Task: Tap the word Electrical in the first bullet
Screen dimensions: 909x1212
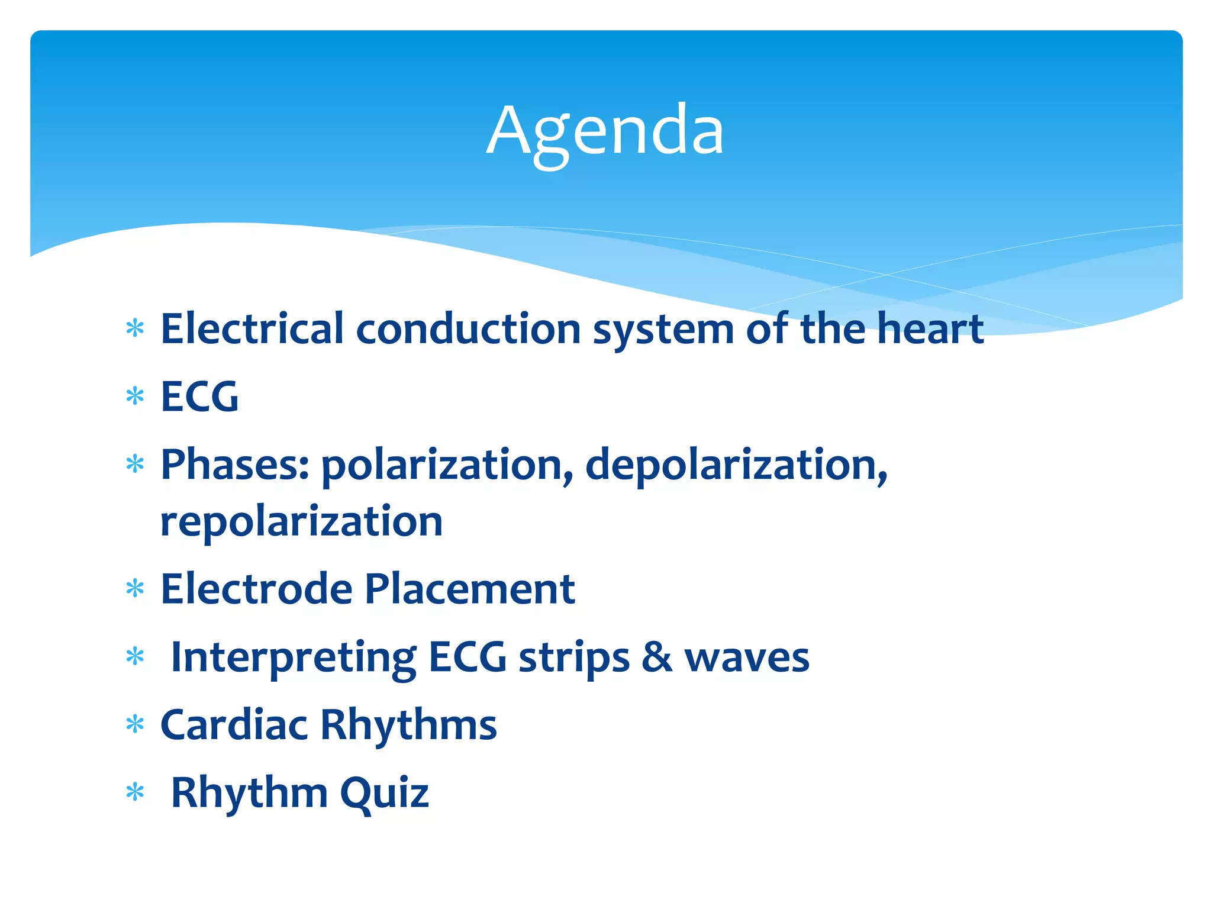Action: tap(252, 328)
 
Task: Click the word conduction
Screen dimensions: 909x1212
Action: tap(468, 328)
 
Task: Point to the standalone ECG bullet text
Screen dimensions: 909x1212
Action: tap(200, 397)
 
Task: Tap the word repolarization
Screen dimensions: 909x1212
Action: tap(301, 522)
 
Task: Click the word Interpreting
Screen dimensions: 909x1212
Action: tap(293, 658)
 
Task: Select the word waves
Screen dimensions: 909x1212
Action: tap(747, 658)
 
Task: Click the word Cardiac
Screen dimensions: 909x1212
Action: tap(234, 725)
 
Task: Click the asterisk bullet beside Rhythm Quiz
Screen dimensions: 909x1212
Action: tap(136, 792)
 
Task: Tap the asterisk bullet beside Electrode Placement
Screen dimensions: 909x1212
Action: tap(136, 588)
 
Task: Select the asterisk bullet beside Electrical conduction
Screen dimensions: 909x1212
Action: tap(136, 328)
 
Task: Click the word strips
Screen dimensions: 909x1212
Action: tap(574, 658)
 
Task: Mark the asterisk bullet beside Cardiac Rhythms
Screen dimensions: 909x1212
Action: tap(136, 724)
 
